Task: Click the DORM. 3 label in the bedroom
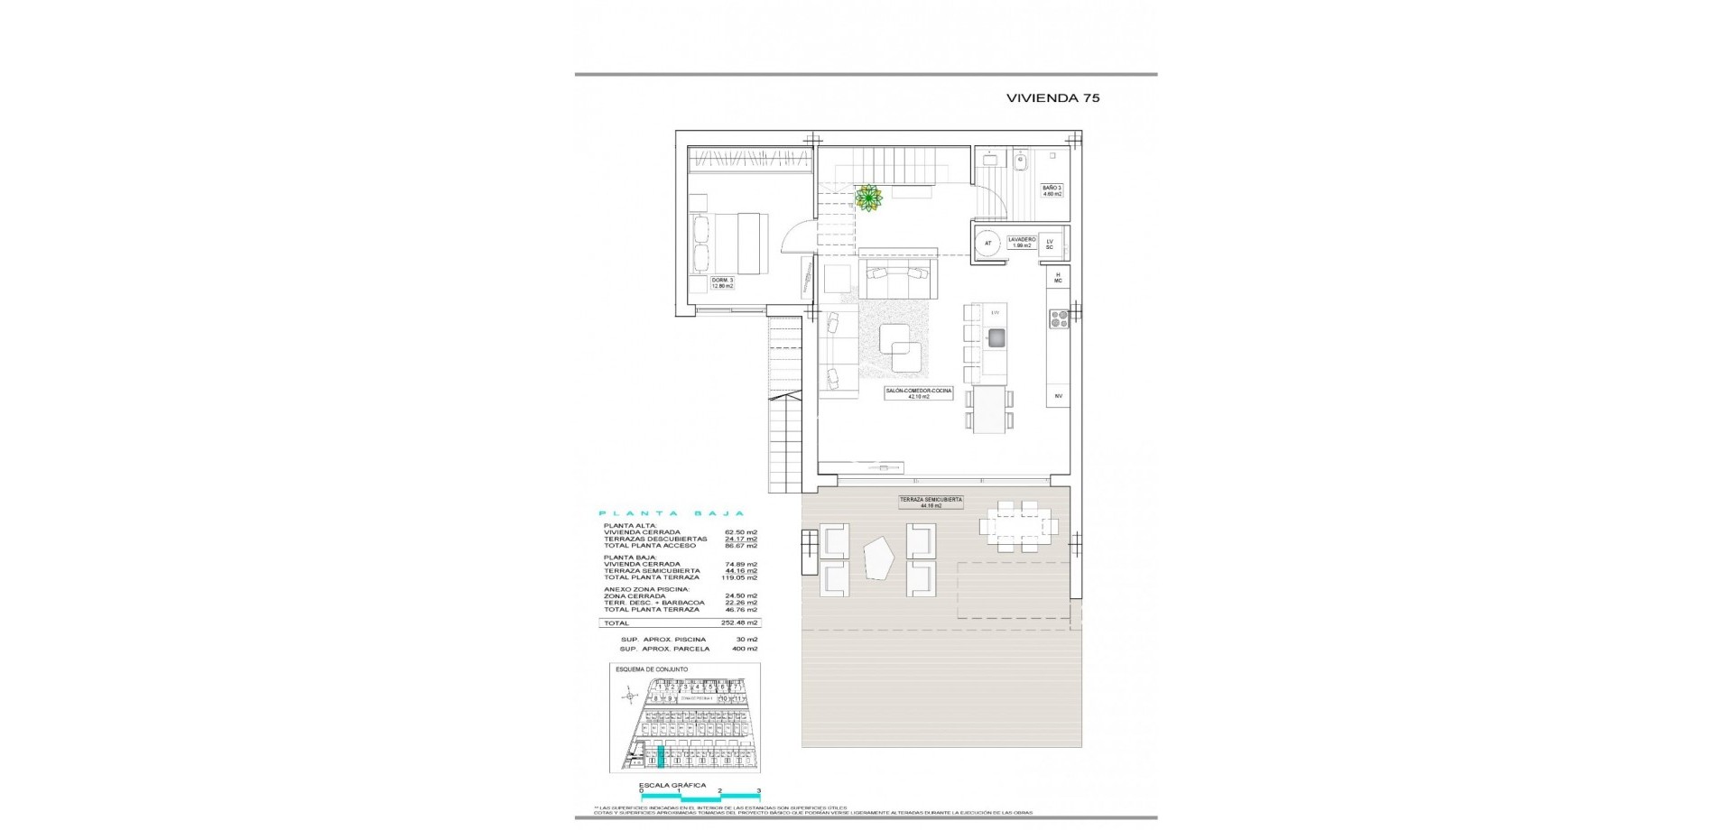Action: point(722,282)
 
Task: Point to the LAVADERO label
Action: point(1021,242)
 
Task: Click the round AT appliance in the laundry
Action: point(987,244)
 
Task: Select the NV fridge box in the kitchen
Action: point(1058,395)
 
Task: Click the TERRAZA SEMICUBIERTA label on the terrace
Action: point(931,503)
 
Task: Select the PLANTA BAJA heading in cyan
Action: point(671,513)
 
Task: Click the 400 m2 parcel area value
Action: point(746,649)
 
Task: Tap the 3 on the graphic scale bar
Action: point(759,790)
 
